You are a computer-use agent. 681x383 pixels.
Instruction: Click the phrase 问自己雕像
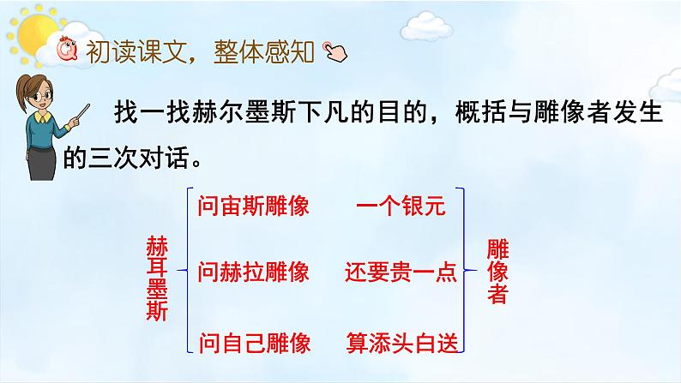point(252,342)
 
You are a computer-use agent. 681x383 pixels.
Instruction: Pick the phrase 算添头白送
point(401,342)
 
